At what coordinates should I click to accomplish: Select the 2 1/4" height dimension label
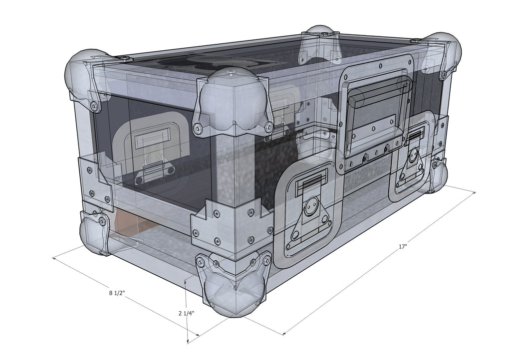pos(186,314)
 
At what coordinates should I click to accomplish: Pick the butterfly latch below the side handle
pos(413,160)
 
